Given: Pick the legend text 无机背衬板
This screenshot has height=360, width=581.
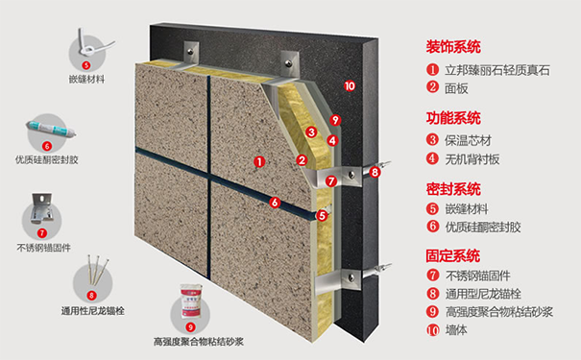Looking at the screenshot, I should [x=473, y=159].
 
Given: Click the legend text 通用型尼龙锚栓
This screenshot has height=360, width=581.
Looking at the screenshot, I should [x=485, y=298].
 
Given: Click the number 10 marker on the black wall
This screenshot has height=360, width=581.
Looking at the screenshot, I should [x=349, y=86].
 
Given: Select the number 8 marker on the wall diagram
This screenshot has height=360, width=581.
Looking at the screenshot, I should [x=375, y=173].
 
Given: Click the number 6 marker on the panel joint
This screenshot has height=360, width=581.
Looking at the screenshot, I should [x=275, y=203].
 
